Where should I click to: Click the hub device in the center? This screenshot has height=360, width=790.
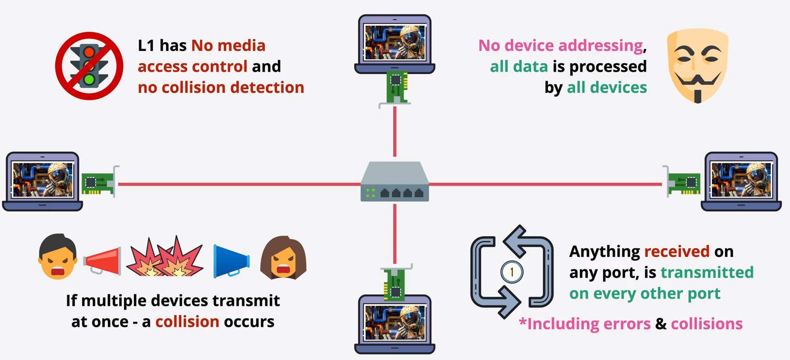(x=395, y=182)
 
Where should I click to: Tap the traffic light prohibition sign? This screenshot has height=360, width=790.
(x=89, y=66)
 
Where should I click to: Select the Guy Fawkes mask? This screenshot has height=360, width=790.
(x=697, y=66)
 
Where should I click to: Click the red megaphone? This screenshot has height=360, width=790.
(x=103, y=261)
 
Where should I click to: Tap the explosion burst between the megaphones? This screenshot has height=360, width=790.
(x=165, y=258)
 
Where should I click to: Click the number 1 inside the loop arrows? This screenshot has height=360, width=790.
(x=512, y=272)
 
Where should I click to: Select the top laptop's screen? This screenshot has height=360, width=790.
(x=395, y=42)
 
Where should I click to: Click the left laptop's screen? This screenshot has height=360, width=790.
(x=43, y=179)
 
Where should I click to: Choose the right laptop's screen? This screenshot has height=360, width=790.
(x=741, y=179)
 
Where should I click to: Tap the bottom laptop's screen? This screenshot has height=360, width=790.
(x=395, y=323)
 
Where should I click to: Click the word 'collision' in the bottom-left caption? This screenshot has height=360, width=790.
(x=187, y=322)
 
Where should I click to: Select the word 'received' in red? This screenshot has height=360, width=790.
(x=677, y=252)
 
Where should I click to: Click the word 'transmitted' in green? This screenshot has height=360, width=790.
(x=707, y=273)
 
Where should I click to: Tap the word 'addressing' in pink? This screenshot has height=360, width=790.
(x=600, y=46)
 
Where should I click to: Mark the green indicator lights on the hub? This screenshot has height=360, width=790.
(x=370, y=193)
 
